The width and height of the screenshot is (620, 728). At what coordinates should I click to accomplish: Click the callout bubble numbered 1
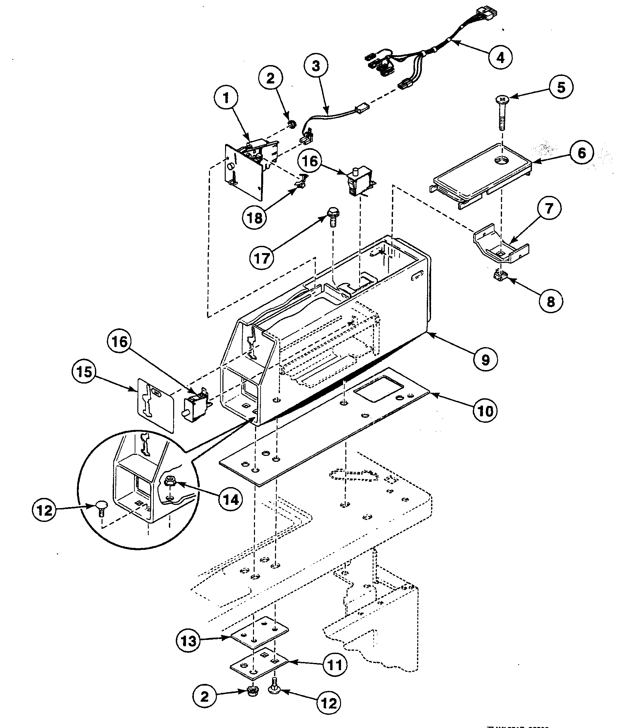pos(226,98)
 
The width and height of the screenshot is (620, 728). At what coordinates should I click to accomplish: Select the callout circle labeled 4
pos(500,57)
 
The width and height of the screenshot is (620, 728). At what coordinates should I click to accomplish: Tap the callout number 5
pos(561,87)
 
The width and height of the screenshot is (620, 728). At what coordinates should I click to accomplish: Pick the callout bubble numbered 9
pos(485,360)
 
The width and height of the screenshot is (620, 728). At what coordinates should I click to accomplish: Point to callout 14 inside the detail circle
pos(230,499)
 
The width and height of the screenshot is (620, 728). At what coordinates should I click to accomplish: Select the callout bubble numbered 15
pos(84,371)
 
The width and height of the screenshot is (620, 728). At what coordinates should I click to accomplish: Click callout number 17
pos(262,258)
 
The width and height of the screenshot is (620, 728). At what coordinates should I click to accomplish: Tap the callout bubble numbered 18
pos(254,218)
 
